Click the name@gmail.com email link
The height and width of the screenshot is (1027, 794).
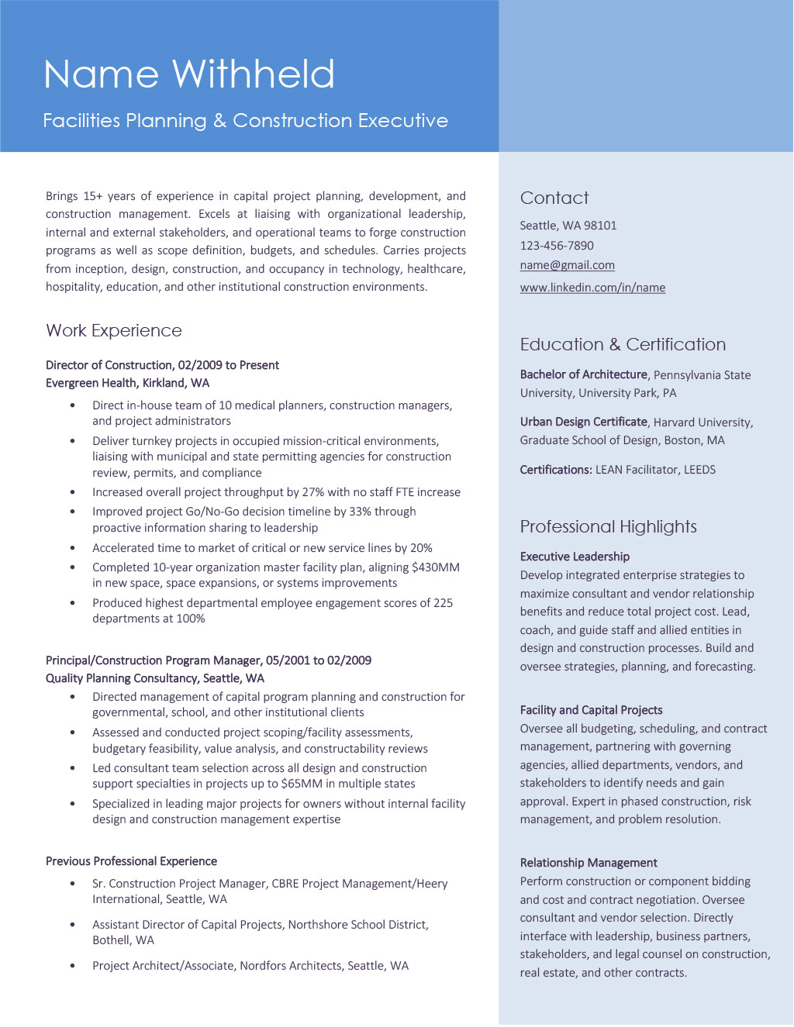pos(567,265)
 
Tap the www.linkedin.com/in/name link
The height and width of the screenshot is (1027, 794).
pos(592,288)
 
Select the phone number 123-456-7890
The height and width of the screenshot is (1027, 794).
pos(557,246)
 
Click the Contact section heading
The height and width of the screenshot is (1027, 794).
pos(554,198)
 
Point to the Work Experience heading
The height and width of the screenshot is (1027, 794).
pos(114,331)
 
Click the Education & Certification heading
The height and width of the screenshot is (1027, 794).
pos(623,345)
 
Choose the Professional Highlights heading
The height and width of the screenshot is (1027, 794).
pos(608,527)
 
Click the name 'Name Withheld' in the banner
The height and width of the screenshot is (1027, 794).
pos(189,75)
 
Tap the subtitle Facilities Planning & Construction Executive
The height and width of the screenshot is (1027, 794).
pos(245,121)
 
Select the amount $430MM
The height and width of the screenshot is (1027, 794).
pos(436,567)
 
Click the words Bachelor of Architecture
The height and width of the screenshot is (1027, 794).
pos(583,374)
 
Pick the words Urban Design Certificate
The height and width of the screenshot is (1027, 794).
pos(583,422)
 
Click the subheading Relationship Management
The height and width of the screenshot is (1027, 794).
pos(589,863)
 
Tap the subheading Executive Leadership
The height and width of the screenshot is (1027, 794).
pos(575,557)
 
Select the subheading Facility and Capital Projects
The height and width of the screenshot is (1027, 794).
pos(591,710)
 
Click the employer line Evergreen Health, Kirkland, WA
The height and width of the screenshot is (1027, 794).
pos(127,383)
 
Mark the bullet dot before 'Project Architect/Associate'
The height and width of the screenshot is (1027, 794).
pos(73,966)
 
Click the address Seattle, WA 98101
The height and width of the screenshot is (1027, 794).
pos(568,226)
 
